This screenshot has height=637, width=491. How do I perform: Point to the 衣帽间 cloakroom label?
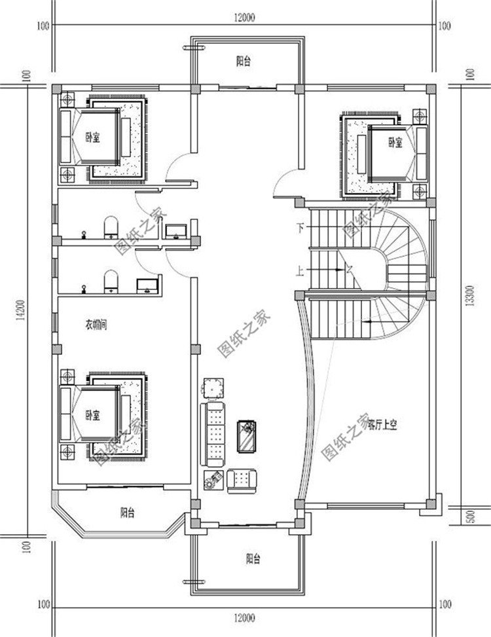96,324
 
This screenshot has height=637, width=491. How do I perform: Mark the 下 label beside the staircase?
299,228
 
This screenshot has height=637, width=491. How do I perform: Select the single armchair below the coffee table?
240,481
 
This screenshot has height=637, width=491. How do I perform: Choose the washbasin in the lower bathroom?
146,285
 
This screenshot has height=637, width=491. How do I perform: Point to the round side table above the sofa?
213,388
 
